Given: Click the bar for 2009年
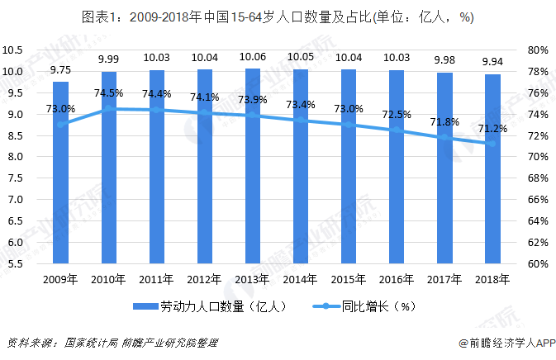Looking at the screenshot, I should point(60,173).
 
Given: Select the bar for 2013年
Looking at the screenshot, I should point(253,165).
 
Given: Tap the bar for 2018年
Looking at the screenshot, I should point(492,169).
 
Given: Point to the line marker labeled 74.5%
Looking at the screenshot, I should point(108,108).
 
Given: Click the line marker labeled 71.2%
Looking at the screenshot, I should point(492,144).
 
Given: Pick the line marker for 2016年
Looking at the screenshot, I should point(397,130).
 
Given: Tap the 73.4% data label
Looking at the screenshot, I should point(300,105).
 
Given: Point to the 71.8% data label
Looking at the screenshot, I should point(444,122).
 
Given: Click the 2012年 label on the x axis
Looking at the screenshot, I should point(205,278).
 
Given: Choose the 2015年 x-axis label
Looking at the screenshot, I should point(349,278).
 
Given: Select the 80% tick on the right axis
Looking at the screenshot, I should point(538,50).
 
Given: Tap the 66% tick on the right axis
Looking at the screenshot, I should point(538,200).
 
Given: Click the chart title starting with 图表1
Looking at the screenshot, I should point(278,18).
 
